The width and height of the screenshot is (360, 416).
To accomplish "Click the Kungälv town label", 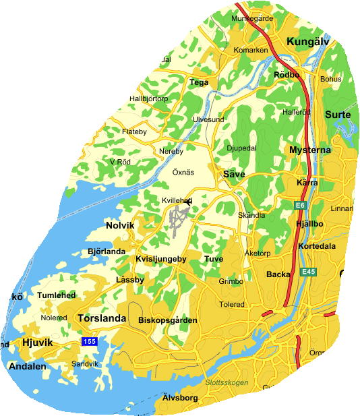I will [307, 42].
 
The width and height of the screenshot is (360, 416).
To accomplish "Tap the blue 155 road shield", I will [90, 342].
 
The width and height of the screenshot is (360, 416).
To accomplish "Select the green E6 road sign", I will [300, 204].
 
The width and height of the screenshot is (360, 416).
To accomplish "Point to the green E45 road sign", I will [308, 272].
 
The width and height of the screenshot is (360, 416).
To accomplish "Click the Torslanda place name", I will [101, 318].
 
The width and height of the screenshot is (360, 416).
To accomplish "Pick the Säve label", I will [233, 174].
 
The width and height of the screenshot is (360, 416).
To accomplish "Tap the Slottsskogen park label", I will [226, 383].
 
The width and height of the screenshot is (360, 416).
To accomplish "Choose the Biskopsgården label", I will [167, 320].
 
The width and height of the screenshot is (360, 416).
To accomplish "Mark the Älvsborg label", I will [180, 398].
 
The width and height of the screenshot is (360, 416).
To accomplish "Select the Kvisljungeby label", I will [160, 259].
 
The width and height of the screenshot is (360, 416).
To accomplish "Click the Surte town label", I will [338, 115].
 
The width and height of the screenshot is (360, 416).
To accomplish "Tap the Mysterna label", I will [309, 150].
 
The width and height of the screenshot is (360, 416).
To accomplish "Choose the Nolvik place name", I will [120, 225].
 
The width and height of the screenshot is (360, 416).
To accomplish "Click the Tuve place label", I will [213, 259].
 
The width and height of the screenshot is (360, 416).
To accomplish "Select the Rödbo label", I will [286, 75].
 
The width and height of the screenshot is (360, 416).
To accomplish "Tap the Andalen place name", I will [27, 367].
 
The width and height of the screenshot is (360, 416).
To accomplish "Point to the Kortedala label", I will [316, 246].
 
